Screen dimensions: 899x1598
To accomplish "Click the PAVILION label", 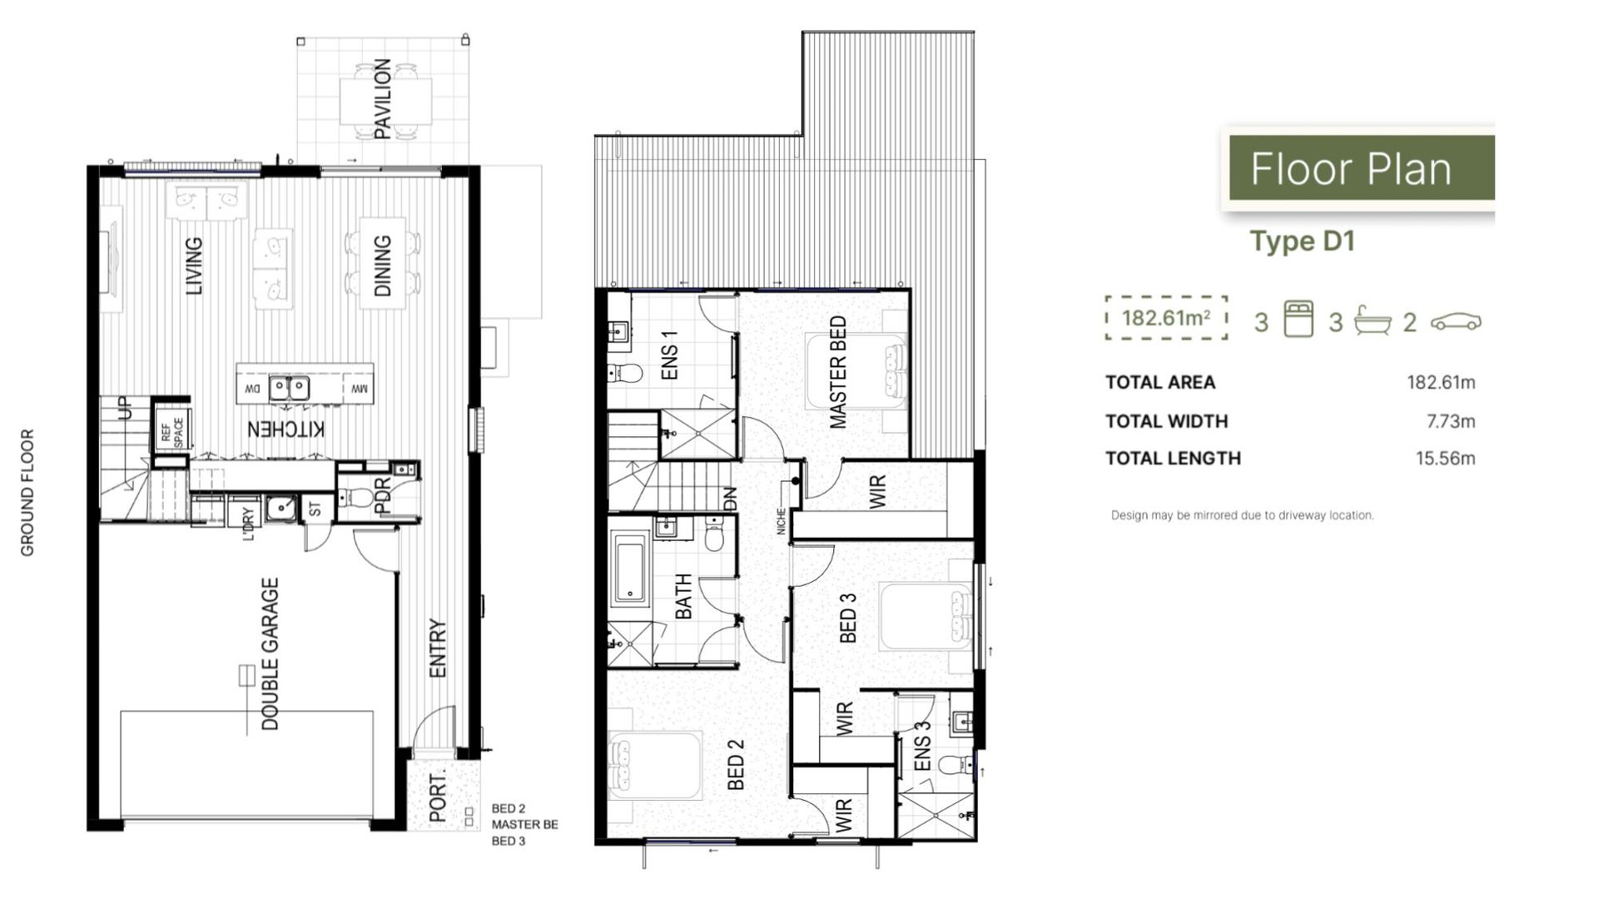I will coord(382,98).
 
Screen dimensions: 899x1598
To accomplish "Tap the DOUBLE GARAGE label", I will coord(270,654).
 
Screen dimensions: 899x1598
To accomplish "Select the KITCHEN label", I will coord(285,430).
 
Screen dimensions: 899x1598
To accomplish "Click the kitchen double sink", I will coord(288,388).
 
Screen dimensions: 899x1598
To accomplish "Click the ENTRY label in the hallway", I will coord(438,648).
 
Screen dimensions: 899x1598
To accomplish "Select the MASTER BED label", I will coord(838,372).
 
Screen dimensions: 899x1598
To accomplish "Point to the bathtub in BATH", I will coord(630,569).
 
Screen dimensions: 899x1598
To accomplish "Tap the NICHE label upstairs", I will coord(782,521).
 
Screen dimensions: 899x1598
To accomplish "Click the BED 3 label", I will coord(847,618).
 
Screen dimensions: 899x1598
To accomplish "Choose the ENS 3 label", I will coord(921,746).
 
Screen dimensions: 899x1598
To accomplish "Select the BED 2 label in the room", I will coord(736,764).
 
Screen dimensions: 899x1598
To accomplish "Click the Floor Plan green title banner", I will coord(1361,169).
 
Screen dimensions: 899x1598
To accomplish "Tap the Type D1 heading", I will coord(1303,241).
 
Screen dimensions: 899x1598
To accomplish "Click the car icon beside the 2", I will coord(1456,322).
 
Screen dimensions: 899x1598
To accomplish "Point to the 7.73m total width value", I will coord(1450,421).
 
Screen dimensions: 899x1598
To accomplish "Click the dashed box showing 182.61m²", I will coord(1166,318).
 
